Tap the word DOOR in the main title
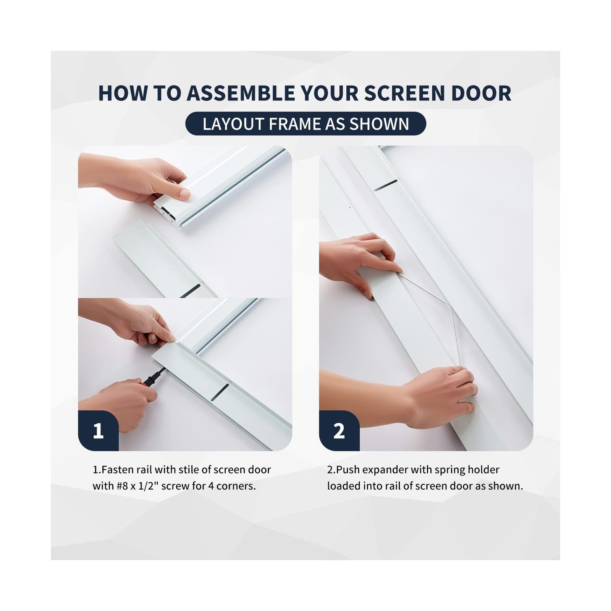[x=481, y=93]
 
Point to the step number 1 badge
[x=98, y=431]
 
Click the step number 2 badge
[x=339, y=431]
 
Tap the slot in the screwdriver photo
[x=220, y=393]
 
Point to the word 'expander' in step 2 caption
[x=382, y=470]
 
